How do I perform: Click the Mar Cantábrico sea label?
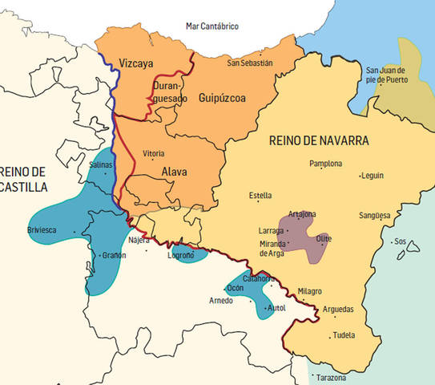(211, 26)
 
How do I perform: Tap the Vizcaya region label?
(136, 63)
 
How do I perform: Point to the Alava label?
(175, 171)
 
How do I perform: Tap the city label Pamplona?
(325, 164)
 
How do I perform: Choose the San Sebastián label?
(250, 63)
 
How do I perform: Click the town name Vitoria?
(154, 153)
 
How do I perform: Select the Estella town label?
(260, 195)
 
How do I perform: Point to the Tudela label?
(343, 335)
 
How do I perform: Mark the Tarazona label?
(331, 377)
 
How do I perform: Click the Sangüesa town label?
(375, 215)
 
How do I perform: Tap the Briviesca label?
(42, 230)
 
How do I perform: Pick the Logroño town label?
(181, 255)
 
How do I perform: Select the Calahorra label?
(259, 278)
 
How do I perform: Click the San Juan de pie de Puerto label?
(388, 75)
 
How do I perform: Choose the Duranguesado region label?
(169, 91)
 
